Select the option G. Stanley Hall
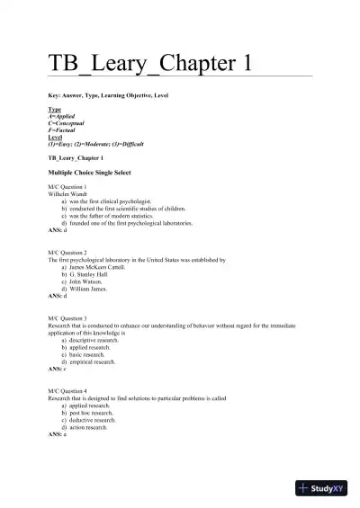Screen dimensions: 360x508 pyautogui.click(x=90, y=274)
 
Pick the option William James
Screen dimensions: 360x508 pyautogui.click(x=88, y=288)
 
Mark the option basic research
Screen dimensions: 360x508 pyautogui.click(x=86, y=354)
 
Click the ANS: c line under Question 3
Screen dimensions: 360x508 pyautogui.click(x=58, y=369)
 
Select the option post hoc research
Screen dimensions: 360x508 pyautogui.click(x=91, y=413)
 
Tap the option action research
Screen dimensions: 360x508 pyautogui.click(x=88, y=427)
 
